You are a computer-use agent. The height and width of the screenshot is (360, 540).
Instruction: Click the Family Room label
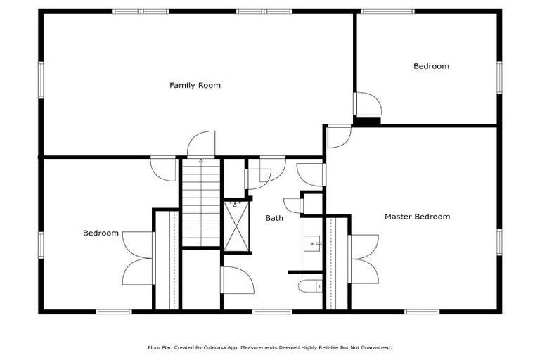point(195,86)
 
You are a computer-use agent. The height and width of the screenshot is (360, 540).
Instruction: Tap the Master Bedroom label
point(417,217)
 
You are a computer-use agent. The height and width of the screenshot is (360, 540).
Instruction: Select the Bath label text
point(274,218)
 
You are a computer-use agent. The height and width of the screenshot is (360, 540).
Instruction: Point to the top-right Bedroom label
point(431,66)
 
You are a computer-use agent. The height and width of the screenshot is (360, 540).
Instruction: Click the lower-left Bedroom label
point(101,233)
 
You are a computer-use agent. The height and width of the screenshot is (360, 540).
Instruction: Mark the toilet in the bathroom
point(310,285)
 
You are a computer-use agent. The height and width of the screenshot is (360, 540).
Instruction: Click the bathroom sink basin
point(311,243)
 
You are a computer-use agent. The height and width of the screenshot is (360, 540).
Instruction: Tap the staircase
point(202,204)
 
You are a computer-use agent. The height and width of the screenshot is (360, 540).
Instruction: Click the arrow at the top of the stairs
point(202,162)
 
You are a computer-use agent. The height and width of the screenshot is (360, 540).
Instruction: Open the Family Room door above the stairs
point(200,145)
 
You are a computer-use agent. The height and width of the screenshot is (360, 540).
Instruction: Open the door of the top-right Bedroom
point(368,105)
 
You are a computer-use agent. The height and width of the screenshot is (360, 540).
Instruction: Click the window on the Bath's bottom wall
point(272,311)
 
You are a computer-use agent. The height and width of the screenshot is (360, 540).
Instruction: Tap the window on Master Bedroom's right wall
point(499,241)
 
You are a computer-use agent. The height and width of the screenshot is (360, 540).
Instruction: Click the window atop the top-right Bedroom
point(387,11)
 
